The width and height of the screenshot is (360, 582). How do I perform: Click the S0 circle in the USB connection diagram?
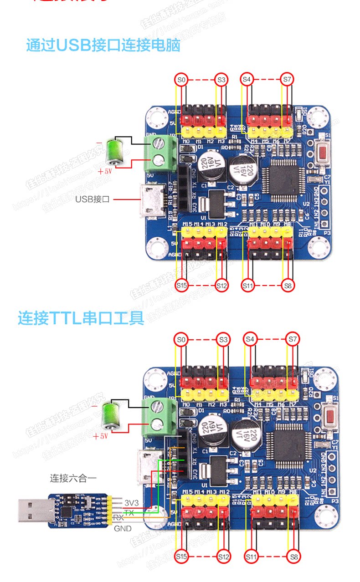[x=181, y=80]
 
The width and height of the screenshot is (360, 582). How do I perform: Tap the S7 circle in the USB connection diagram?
[x=287, y=79]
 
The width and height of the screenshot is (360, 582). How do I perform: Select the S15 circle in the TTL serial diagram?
[x=182, y=556]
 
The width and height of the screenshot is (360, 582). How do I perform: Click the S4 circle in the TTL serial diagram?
[x=250, y=339]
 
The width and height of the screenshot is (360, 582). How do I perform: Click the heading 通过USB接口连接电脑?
[x=103, y=46]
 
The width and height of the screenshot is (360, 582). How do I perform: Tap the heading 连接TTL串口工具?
[x=81, y=317]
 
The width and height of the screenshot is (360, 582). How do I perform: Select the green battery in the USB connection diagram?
[x=114, y=151]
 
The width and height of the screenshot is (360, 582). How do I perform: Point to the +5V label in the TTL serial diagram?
[x=100, y=436]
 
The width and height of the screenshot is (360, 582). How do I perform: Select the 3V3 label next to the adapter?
[x=131, y=502]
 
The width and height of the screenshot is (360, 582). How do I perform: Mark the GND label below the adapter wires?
[x=123, y=528]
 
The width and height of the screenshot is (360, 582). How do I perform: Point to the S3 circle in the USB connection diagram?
[x=221, y=80]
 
